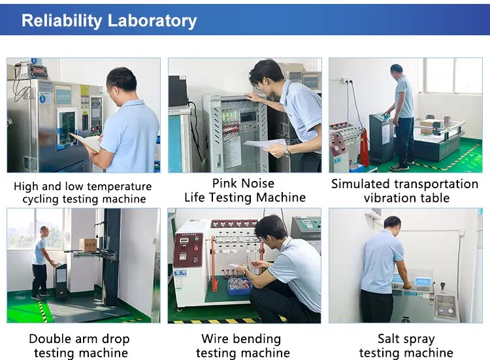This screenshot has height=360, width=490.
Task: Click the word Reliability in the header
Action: click(x=61, y=22)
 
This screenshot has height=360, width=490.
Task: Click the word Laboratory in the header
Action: click(x=152, y=21)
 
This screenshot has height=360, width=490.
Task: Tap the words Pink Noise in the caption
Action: click(x=243, y=184)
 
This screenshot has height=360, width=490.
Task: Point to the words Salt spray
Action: click(x=406, y=339)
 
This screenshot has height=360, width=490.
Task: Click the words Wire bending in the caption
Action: click(x=241, y=339)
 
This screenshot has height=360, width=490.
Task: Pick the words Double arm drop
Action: click(x=79, y=339)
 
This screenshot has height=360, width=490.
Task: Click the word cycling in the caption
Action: click(x=41, y=199)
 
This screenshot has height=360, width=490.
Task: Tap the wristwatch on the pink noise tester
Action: click(x=286, y=151)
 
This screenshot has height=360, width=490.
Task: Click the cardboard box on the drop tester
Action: click(x=88, y=245)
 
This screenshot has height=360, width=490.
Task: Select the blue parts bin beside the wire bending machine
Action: click(x=239, y=286)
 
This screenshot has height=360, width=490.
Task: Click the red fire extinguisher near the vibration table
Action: click(x=364, y=147)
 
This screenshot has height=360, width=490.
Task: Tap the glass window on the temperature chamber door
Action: click(x=67, y=127)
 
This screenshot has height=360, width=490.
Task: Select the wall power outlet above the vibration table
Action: click(x=346, y=80)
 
